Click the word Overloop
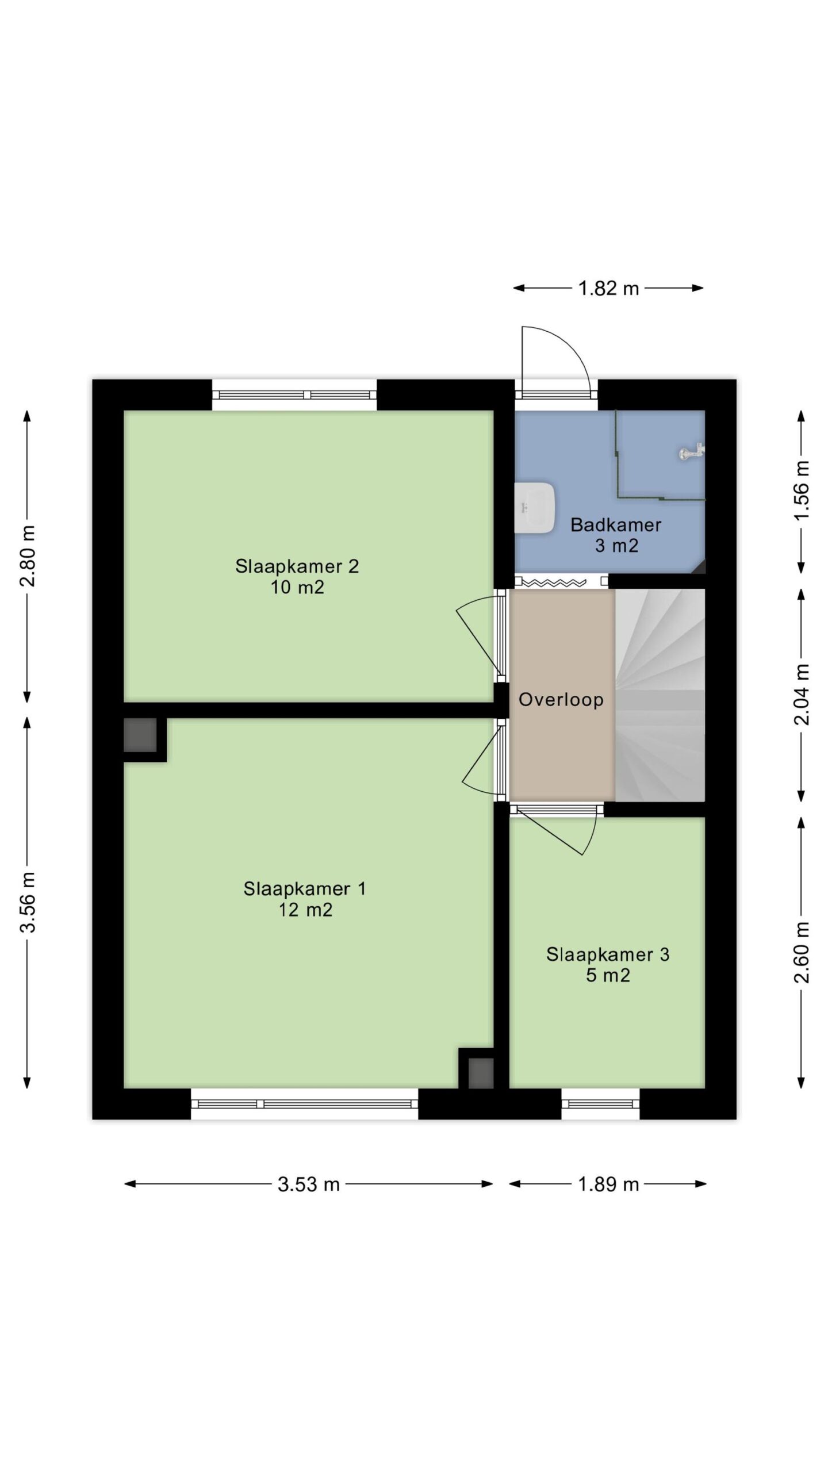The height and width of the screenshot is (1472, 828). (561, 699)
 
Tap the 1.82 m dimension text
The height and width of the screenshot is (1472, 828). (608, 288)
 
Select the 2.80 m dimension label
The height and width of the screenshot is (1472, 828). (28, 555)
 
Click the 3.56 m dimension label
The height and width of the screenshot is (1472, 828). (28, 902)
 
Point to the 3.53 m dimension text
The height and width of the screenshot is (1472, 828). (309, 1184)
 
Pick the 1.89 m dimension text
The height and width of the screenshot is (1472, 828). (608, 1184)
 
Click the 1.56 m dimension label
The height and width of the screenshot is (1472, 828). (802, 490)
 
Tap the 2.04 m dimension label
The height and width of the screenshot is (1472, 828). (802, 694)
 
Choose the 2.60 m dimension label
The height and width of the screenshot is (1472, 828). (802, 952)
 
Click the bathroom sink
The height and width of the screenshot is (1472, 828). (534, 508)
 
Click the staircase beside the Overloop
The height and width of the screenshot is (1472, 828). (660, 695)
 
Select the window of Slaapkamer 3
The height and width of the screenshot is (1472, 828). (600, 1103)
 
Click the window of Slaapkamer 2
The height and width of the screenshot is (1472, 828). (294, 395)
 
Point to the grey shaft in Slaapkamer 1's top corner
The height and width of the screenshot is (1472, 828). (140, 734)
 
